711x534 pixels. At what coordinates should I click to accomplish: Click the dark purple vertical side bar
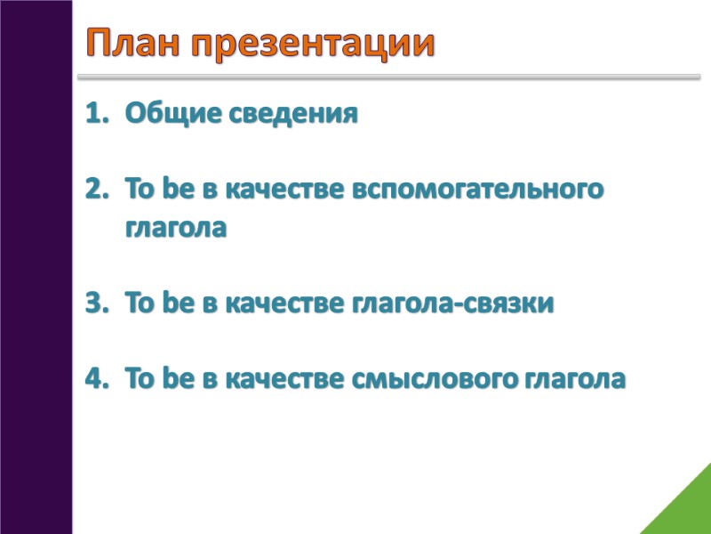pos(36,267)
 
